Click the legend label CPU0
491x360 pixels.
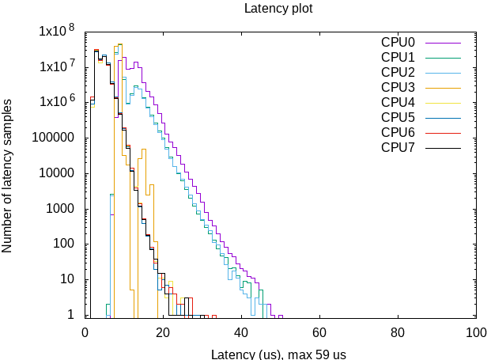(x=398, y=42)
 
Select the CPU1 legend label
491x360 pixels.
(x=398, y=57)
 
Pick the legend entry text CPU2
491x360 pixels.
(x=398, y=72)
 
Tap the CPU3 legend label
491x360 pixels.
(x=398, y=87)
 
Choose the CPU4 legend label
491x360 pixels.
(x=398, y=102)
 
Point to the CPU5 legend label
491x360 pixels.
(x=398, y=117)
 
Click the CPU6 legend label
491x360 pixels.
(x=398, y=132)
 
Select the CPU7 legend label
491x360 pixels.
(x=398, y=147)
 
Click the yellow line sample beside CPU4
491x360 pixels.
(x=443, y=103)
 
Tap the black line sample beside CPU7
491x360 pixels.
(x=443, y=148)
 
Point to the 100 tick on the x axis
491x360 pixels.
(x=476, y=333)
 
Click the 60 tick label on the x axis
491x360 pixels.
(x=319, y=333)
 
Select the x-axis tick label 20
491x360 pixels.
(x=163, y=333)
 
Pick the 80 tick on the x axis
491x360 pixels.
(x=398, y=333)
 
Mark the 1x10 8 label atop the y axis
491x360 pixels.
(x=56, y=32)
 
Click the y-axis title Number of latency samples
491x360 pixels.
(x=8, y=176)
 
